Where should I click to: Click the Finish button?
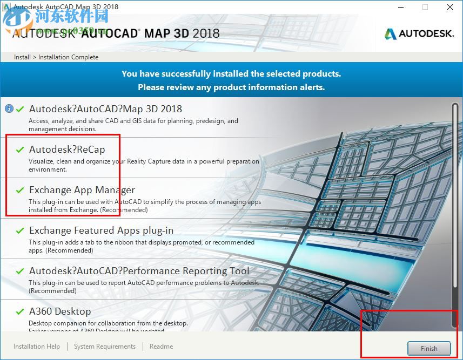coord(429,348)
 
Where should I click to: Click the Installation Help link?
coord(37,347)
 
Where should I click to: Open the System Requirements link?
coord(105,347)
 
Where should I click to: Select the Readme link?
coord(161,347)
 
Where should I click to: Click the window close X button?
coord(450,8)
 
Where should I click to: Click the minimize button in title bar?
coord(400,8)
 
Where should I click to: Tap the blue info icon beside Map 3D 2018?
coord(9,108)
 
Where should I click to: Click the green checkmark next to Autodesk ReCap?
coord(20,150)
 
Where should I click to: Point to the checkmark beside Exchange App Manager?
coord(20,190)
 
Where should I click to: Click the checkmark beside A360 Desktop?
coord(20,311)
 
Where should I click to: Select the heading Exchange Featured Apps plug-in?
coord(101,230)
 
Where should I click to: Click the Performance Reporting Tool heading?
coord(139,271)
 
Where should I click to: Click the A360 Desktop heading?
coord(60,311)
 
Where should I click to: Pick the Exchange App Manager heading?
coord(82,190)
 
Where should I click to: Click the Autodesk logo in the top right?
coord(419,34)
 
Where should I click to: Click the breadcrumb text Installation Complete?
coord(69,57)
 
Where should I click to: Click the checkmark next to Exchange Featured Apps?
coord(20,230)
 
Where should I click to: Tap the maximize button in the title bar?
coord(425,8)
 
